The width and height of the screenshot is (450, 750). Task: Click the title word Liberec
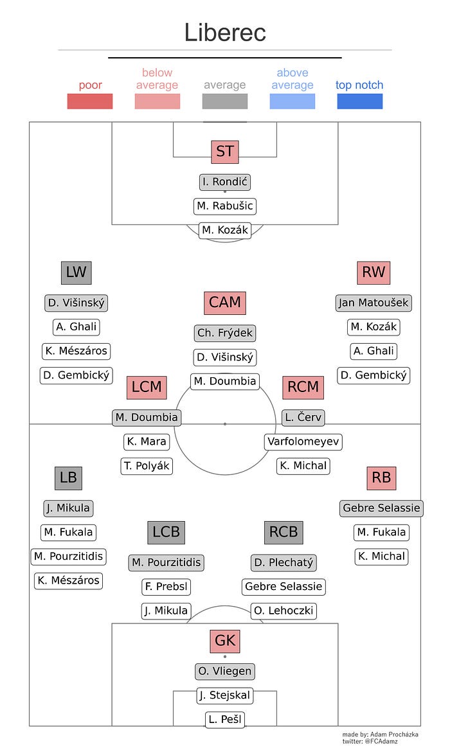[x=225, y=32]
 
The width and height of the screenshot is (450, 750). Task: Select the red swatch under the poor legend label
[x=90, y=102]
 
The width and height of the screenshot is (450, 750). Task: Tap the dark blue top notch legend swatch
[x=359, y=102]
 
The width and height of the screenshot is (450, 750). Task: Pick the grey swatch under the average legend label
[x=224, y=102]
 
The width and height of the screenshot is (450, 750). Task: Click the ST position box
[x=224, y=152]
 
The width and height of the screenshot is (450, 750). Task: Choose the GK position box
[x=224, y=641]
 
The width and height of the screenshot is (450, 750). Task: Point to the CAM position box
[x=224, y=302]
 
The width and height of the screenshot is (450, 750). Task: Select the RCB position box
[x=283, y=532]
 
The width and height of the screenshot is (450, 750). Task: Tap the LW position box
[x=76, y=272]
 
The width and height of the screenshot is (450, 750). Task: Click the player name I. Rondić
[x=224, y=182]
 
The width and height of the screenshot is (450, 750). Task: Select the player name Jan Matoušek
[x=373, y=303]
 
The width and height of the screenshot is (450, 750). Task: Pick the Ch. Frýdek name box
[x=224, y=333]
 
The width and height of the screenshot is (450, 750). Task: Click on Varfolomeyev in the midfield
[x=303, y=442]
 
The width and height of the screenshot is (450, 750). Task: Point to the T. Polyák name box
[x=147, y=466]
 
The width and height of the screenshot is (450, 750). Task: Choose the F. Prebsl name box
[x=166, y=586]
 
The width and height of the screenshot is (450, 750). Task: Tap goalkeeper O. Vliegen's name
[x=224, y=672]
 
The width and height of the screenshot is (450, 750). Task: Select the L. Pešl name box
[x=224, y=720]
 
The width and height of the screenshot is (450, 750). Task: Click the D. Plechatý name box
[x=283, y=562]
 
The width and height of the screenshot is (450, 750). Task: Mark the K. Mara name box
[x=147, y=442]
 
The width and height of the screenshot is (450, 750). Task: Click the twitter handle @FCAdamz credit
[x=380, y=741]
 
